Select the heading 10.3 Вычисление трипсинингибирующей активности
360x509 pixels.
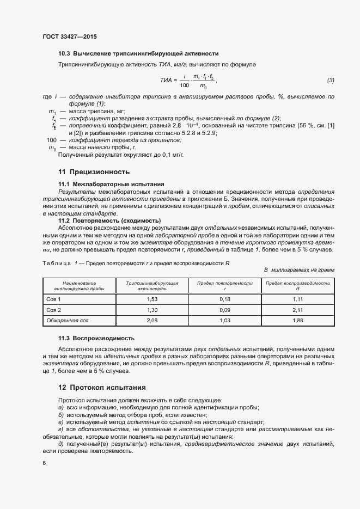tap(138, 54)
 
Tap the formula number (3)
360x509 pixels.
tap(330, 81)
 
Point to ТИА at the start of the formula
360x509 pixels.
tap(166, 81)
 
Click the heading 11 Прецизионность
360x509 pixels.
tap(94, 172)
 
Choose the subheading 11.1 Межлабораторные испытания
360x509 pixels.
tap(111, 184)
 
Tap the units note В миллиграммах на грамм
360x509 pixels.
tap(299, 270)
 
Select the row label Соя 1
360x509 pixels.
tap(53, 300)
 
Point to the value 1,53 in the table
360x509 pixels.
tap(152, 300)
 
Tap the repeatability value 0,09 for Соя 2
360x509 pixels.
tap(225, 310)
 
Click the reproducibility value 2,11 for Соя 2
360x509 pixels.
tap(297, 310)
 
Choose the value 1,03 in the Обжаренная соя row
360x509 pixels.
tap(225, 320)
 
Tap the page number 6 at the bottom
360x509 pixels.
tap(44, 463)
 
